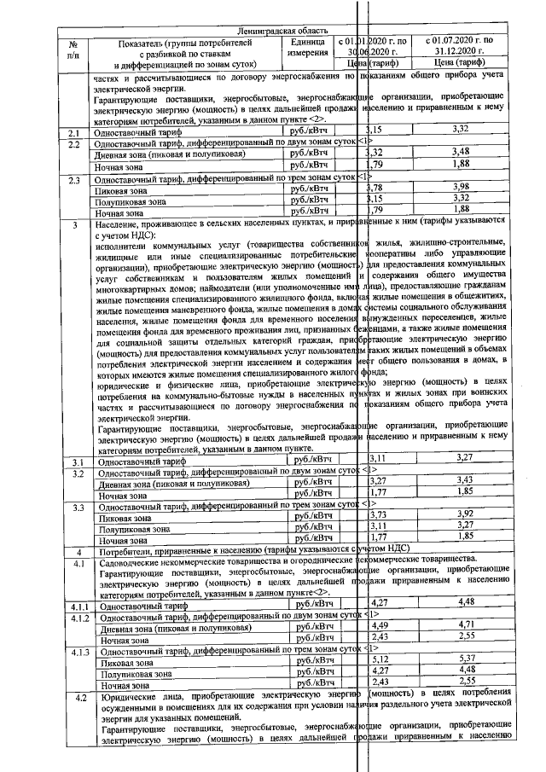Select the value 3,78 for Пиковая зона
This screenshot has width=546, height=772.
[375, 187]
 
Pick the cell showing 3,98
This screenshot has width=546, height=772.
[462, 187]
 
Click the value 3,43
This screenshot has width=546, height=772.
[463, 482]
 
